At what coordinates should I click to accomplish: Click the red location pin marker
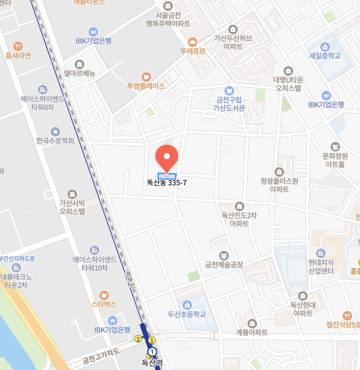(166, 157)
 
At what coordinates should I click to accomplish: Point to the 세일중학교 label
(324, 55)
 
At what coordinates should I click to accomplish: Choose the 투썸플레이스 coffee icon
(146, 76)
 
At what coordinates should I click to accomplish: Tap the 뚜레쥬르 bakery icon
(193, 42)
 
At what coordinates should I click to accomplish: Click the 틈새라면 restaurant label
(18, 55)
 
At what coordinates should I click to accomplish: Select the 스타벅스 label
(104, 304)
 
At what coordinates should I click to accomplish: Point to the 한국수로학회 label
(55, 141)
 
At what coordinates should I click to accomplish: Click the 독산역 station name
(152, 362)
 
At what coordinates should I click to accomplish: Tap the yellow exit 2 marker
(138, 339)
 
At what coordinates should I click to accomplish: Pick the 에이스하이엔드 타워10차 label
(94, 264)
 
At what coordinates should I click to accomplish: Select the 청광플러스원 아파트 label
(279, 184)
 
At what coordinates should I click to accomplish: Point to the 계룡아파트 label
(252, 332)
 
